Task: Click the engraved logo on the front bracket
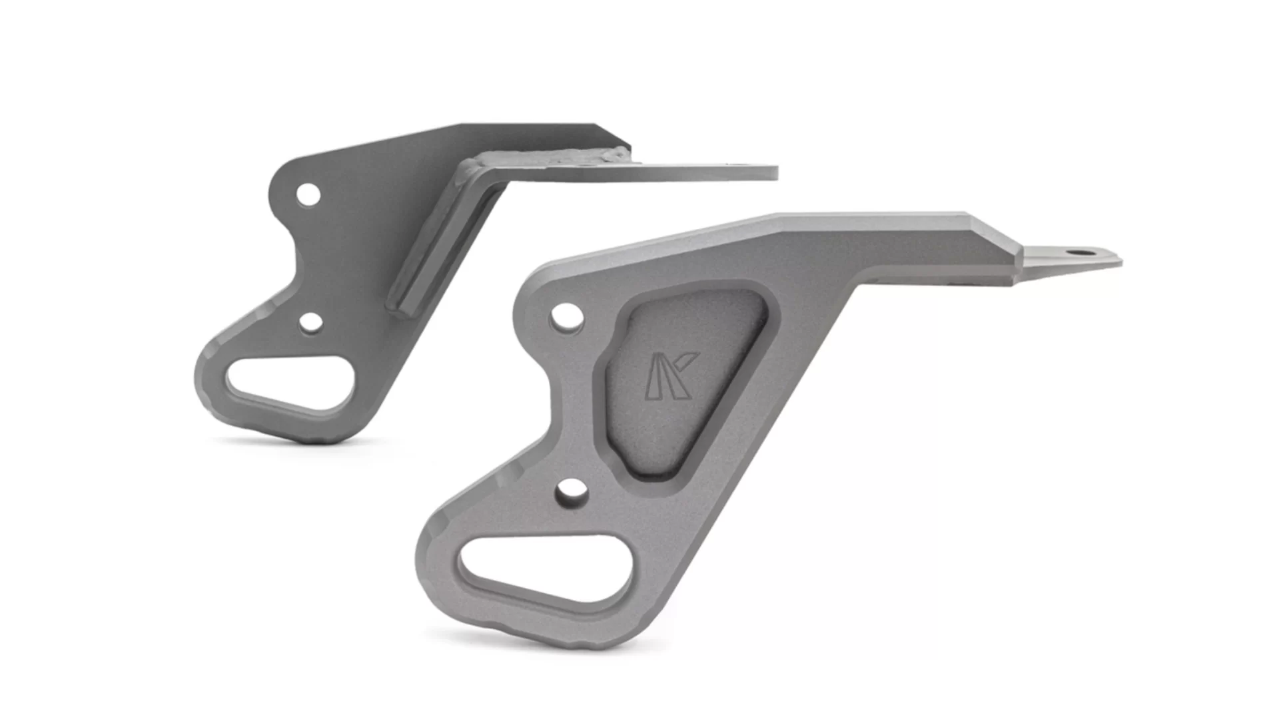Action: coord(671,376)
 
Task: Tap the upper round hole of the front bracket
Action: coord(566,316)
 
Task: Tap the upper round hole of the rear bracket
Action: coord(308,195)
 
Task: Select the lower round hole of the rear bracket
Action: coord(310,323)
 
